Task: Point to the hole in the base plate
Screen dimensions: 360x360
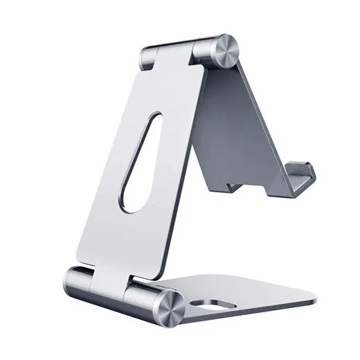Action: pyautogui.click(x=213, y=305)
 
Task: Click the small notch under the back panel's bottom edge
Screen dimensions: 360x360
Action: pyautogui.click(x=235, y=186)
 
